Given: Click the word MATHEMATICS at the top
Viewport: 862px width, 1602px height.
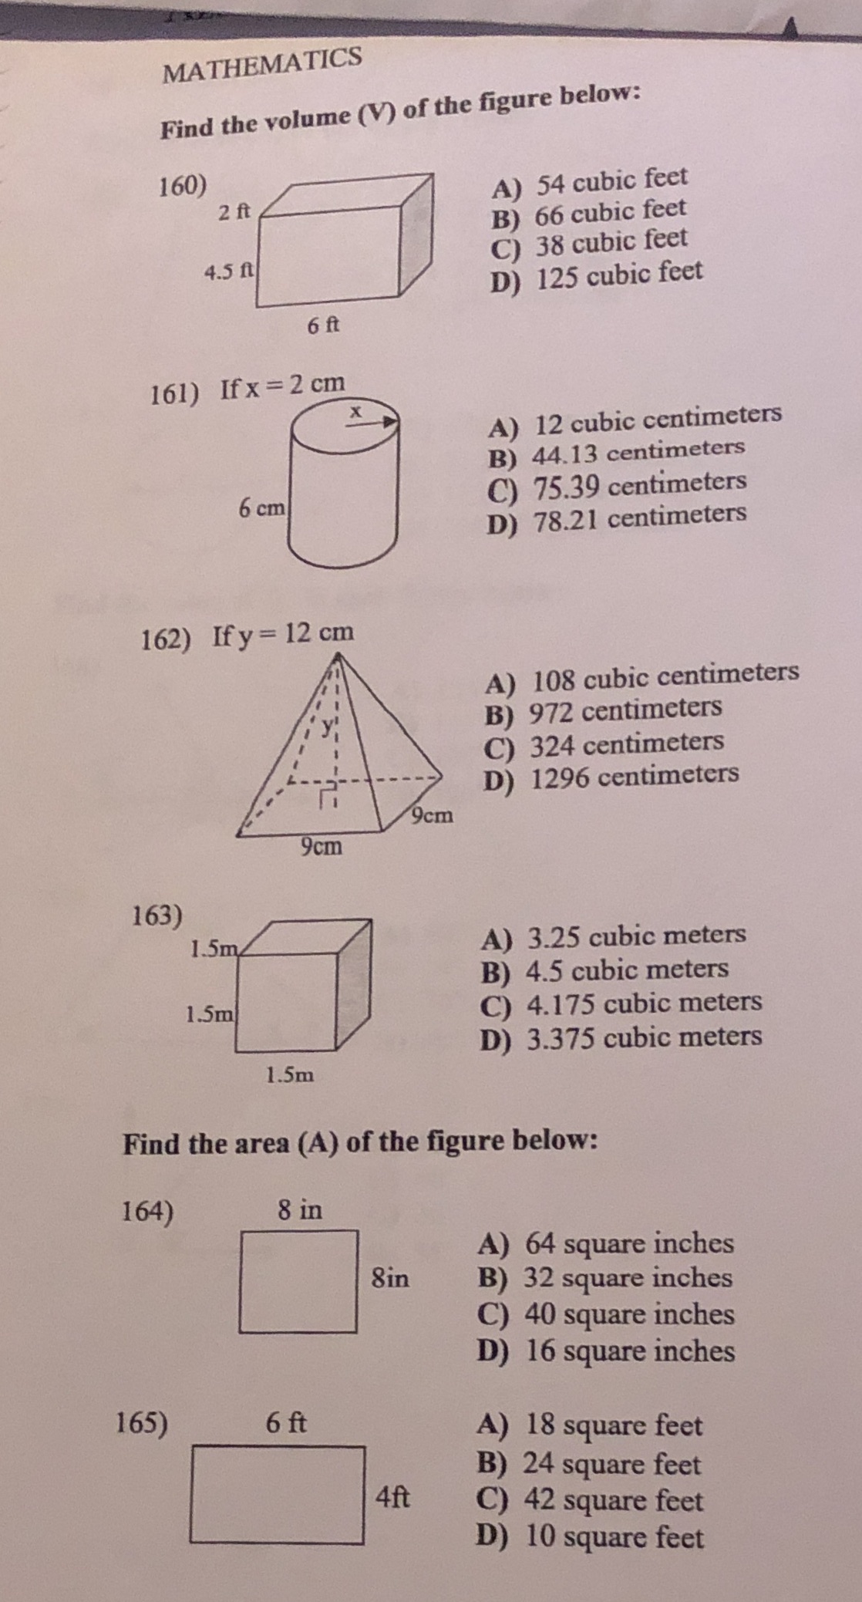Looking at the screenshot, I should click(263, 63).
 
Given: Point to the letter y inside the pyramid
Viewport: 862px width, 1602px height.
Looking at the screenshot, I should click(329, 725).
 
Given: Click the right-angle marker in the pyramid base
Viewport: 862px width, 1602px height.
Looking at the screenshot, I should click(328, 794).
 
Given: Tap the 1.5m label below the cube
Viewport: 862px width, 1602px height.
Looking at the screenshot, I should click(290, 1074).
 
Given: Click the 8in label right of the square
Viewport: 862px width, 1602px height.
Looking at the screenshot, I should click(390, 1279).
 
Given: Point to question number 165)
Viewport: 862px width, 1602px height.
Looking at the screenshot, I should click(141, 1423).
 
